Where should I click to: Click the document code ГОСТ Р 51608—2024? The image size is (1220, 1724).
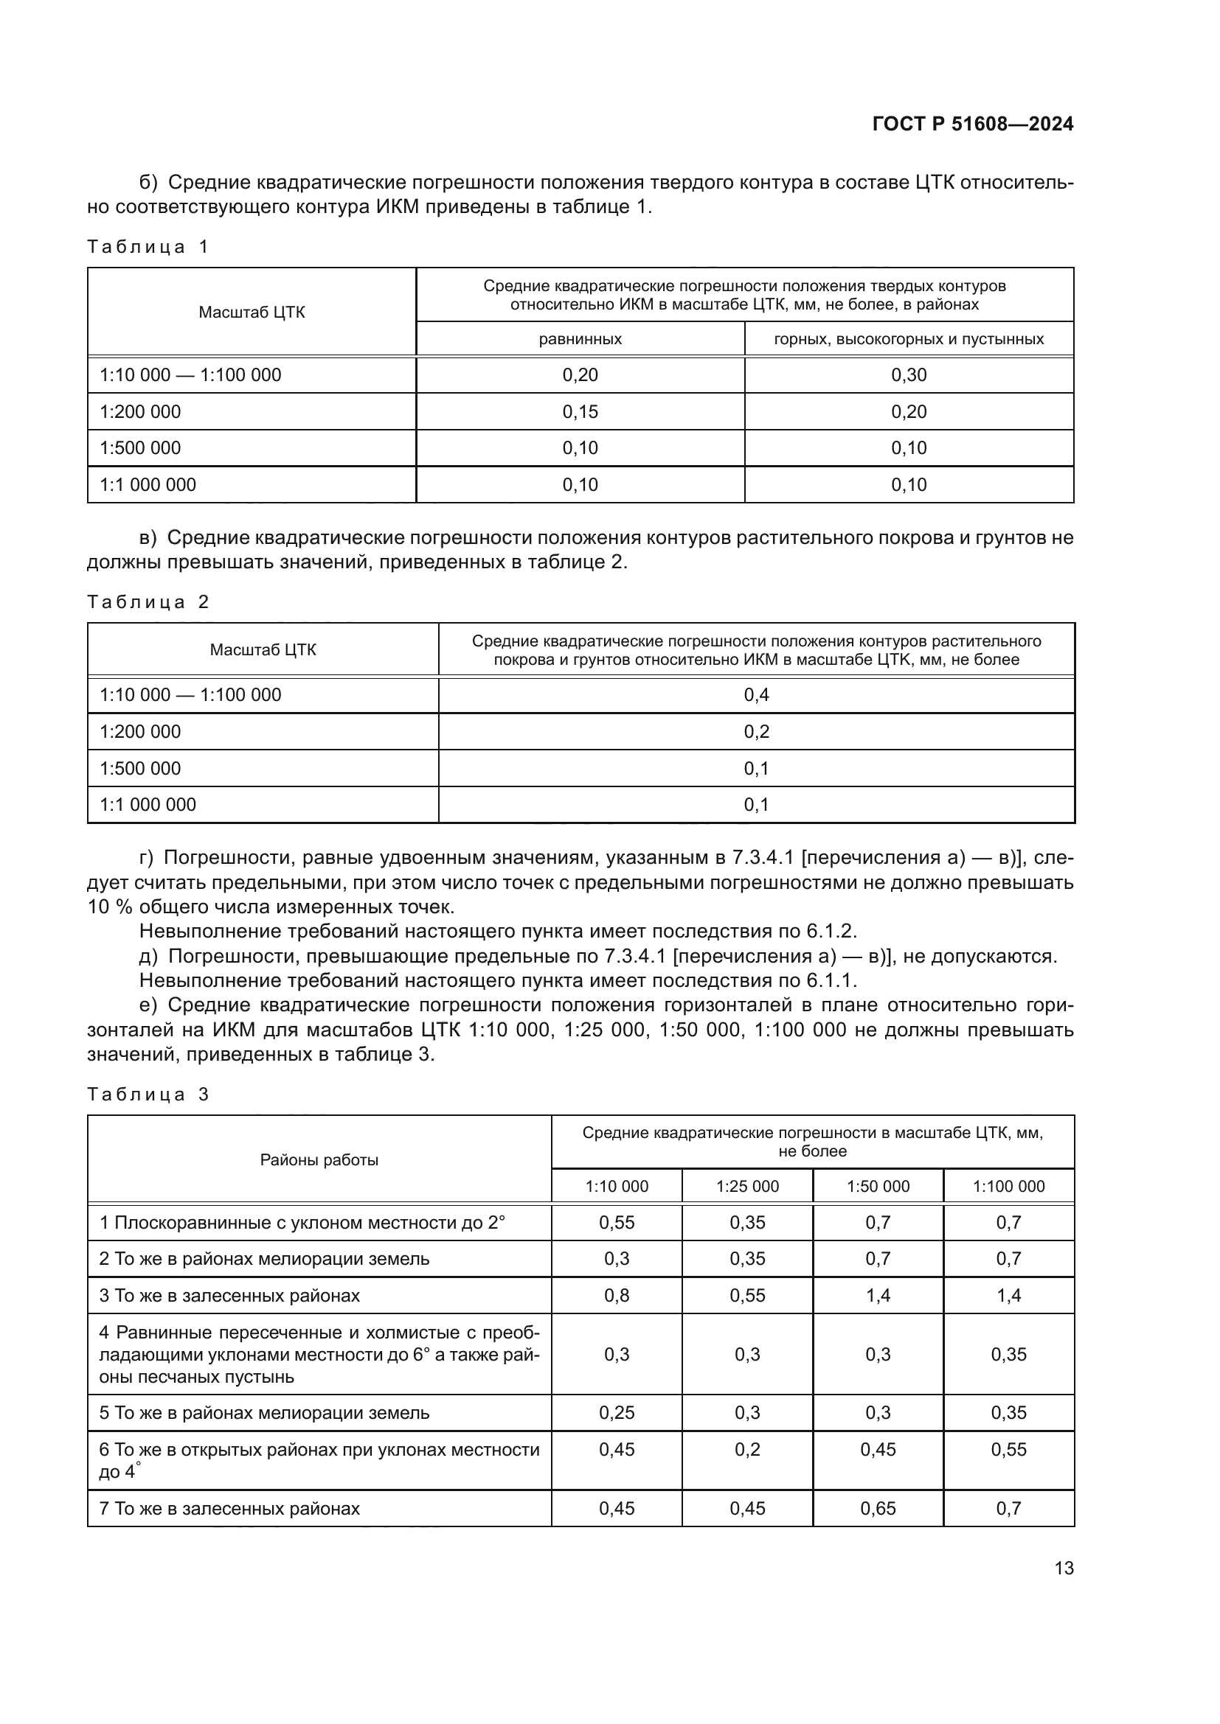pos(972,124)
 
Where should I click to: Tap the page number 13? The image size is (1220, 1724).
pos(1064,1568)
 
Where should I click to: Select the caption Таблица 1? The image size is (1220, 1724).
pos(148,247)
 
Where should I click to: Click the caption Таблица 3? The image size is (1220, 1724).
pos(148,1094)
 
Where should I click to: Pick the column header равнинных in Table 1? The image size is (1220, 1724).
pos(580,339)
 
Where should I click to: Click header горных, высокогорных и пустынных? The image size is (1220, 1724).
pos(908,339)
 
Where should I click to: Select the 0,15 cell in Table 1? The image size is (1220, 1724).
pos(580,411)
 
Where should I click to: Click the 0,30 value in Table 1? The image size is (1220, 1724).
pos(908,374)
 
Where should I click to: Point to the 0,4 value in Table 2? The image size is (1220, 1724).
pos(756,695)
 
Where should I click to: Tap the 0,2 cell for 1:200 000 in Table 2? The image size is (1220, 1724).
pos(756,731)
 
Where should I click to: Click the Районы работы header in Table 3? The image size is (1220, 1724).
pos(319,1159)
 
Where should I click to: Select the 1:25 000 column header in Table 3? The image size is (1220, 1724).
pos(746,1187)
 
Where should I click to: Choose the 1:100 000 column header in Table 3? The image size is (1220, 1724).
pos(1008,1187)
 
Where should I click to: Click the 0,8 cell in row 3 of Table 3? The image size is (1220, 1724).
pos(616,1295)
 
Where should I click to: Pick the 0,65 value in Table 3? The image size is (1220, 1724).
pos(878,1509)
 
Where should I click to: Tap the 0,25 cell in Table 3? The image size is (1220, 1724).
pos(616,1412)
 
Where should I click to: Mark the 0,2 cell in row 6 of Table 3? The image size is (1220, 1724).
pos(746,1449)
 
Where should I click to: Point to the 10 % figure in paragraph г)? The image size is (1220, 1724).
pos(110,907)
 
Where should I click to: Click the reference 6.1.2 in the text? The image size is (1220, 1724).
pos(830,932)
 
